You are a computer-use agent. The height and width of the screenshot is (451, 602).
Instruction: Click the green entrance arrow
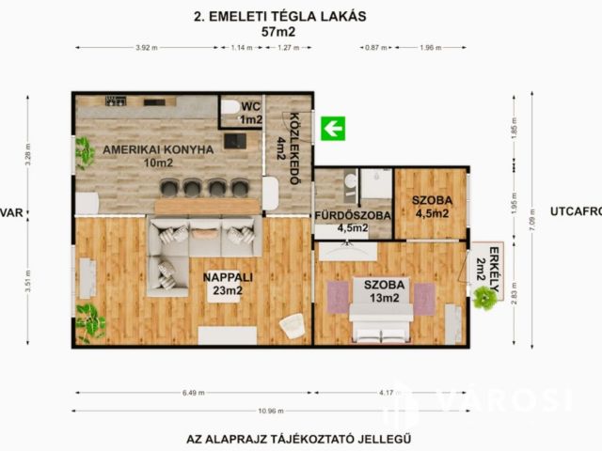(332, 128)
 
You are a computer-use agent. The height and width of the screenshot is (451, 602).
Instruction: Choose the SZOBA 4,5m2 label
(432, 207)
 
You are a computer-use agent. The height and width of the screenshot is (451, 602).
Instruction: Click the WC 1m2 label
(250, 113)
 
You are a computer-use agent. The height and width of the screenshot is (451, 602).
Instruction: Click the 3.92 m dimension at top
(146, 47)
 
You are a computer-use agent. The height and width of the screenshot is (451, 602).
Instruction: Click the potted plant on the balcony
(485, 298)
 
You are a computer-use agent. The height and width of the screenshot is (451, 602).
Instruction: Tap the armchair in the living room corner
(292, 324)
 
